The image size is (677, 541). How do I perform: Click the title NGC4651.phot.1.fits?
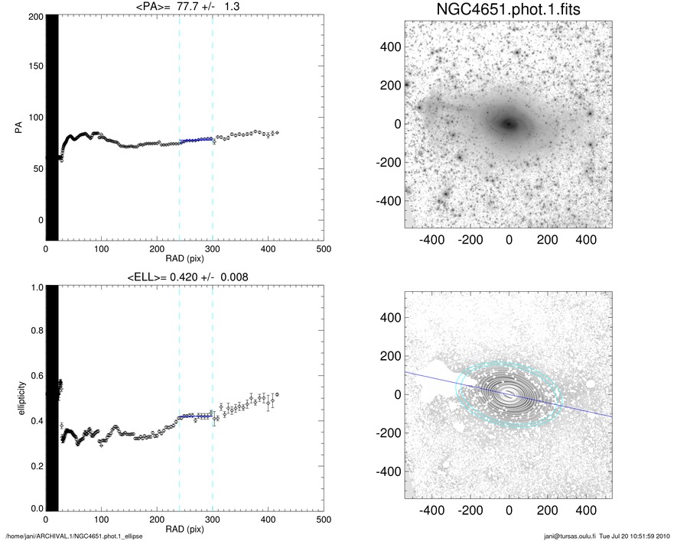click(508, 9)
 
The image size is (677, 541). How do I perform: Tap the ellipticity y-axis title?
click(17, 398)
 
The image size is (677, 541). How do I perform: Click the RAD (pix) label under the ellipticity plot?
click(184, 529)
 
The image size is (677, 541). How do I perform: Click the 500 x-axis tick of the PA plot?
click(324, 250)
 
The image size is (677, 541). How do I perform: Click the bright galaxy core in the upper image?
click(508, 123)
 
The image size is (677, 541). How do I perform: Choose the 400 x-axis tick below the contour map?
click(586, 509)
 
